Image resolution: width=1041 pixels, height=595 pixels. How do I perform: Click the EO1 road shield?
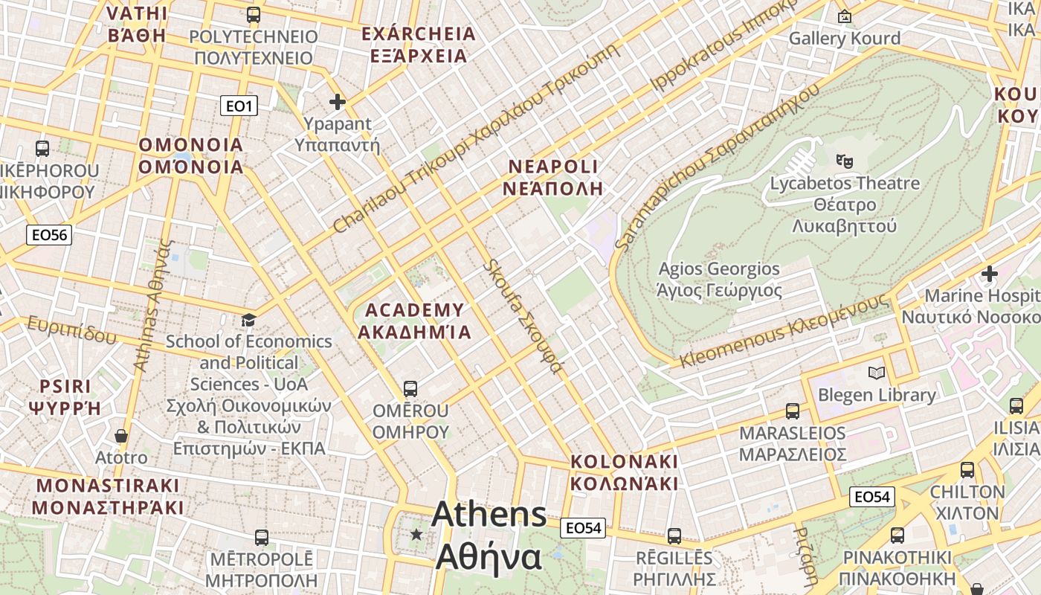click(x=239, y=106)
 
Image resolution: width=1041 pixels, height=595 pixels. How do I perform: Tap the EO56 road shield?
click(x=50, y=236)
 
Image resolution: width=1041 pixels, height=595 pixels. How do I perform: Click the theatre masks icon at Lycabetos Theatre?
click(x=844, y=160)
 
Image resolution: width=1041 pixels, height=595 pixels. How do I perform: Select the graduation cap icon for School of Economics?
click(x=248, y=320)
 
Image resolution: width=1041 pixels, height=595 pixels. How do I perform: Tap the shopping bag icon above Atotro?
click(x=121, y=436)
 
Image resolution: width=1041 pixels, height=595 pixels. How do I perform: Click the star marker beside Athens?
click(x=416, y=534)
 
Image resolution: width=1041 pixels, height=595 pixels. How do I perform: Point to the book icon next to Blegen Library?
click(x=877, y=373)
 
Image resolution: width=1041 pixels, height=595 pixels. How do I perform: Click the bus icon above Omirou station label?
click(x=410, y=388)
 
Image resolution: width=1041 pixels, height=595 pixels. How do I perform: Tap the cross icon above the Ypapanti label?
click(x=338, y=101)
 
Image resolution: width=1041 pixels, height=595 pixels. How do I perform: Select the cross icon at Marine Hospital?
click(x=989, y=274)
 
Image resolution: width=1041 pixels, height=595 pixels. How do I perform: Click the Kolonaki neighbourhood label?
click(x=624, y=472)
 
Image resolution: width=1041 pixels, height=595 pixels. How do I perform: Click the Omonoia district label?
click(x=191, y=155)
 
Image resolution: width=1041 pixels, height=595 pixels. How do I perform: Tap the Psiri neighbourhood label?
click(x=65, y=396)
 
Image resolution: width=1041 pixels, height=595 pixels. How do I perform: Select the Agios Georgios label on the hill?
click(x=719, y=279)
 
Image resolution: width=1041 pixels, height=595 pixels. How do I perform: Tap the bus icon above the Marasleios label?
click(x=793, y=411)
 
